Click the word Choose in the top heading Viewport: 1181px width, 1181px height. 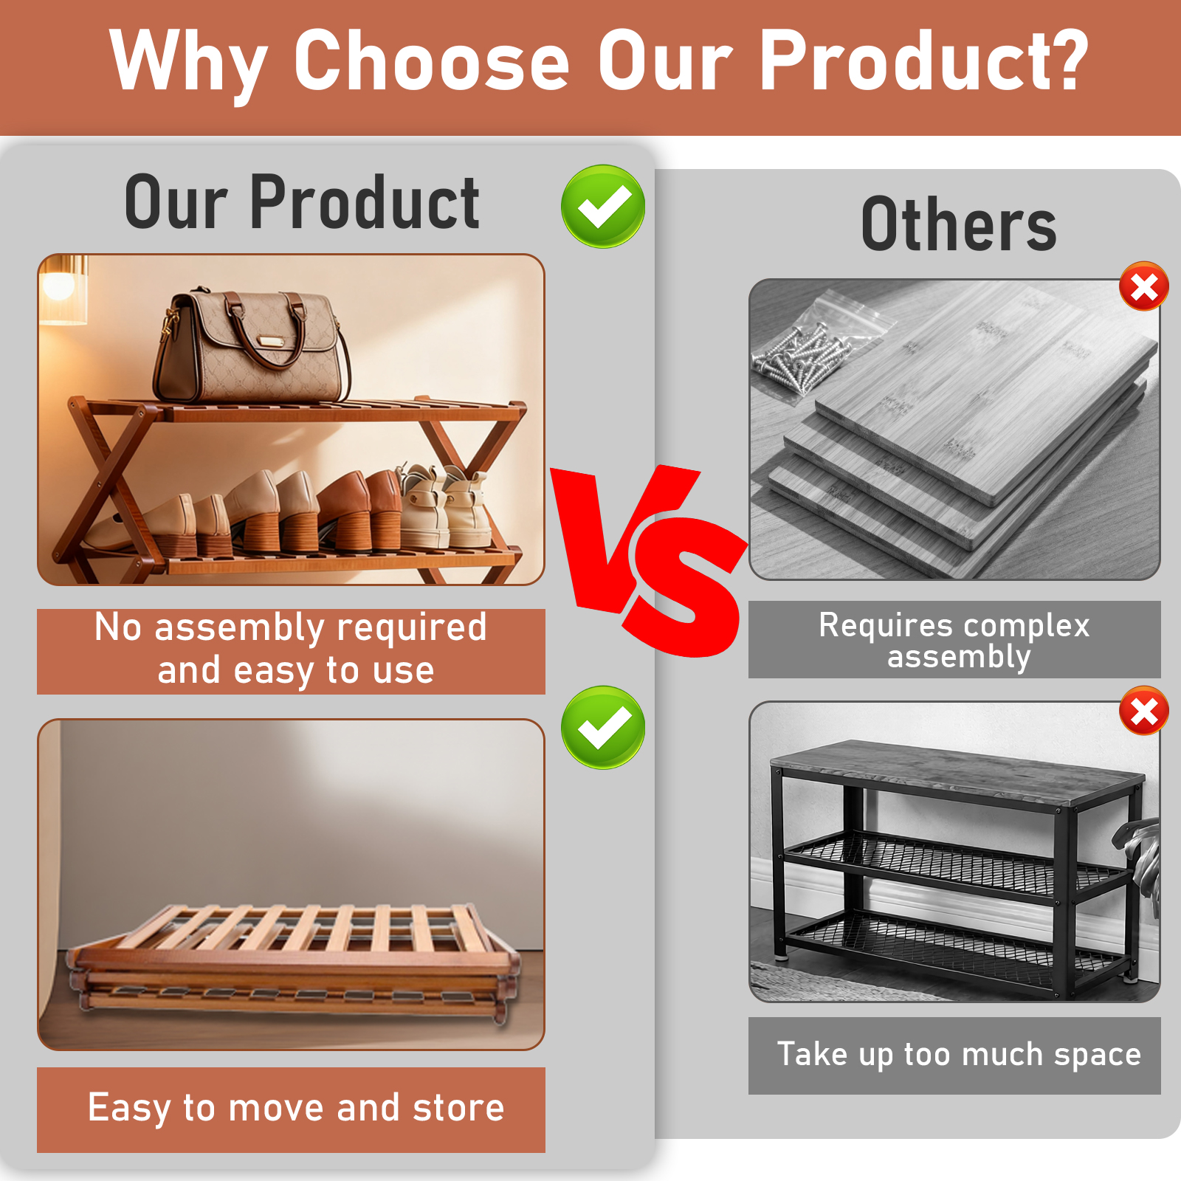pyautogui.click(x=432, y=61)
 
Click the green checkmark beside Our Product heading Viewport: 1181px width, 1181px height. pyautogui.click(x=603, y=206)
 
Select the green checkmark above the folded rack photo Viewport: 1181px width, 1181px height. pyautogui.click(x=603, y=727)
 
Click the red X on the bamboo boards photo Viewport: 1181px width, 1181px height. pyautogui.click(x=1144, y=286)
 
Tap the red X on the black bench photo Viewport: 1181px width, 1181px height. pyautogui.click(x=1144, y=712)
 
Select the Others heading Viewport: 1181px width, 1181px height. pyautogui.click(x=959, y=224)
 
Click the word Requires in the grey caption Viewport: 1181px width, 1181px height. pyautogui.click(x=886, y=626)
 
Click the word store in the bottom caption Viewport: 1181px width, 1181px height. pyautogui.click(x=458, y=1108)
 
